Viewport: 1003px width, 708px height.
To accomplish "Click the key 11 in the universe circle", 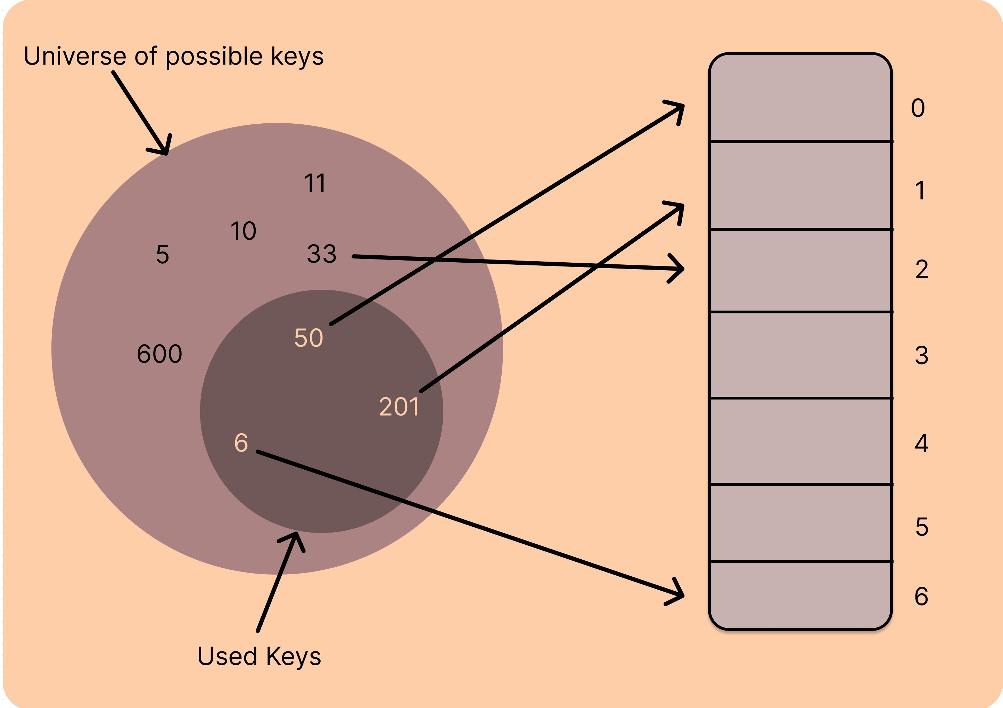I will [x=315, y=183].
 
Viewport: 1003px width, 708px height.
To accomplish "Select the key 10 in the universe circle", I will [x=243, y=231].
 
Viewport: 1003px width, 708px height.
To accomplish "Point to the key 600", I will [x=159, y=354].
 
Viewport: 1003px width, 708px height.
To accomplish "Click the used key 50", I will [x=309, y=338].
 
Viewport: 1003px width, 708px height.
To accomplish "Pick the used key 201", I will [x=399, y=406].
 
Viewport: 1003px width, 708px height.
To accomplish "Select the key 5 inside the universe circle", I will [x=163, y=255].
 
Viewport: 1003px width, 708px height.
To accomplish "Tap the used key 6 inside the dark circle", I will [x=241, y=443].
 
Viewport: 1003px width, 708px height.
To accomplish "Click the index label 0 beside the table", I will [x=918, y=108].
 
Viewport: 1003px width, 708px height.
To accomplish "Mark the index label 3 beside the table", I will [x=922, y=355].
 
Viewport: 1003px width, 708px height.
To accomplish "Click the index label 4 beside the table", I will [x=922, y=443].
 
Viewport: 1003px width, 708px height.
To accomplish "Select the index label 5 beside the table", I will [x=922, y=527].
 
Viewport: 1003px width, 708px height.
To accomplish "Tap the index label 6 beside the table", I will [x=921, y=596].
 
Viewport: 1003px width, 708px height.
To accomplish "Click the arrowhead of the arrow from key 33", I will [x=681, y=269].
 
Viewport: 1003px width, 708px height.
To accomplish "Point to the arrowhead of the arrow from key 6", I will [x=680, y=595].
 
